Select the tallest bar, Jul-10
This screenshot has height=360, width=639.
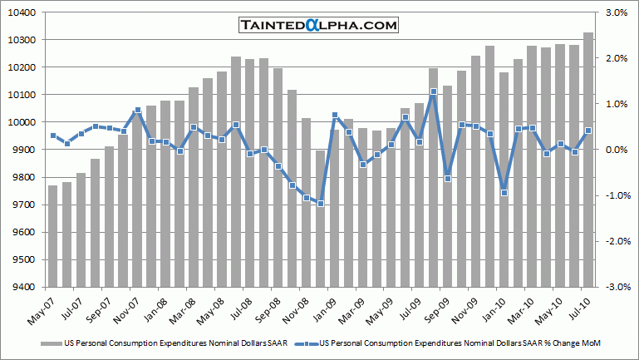587,158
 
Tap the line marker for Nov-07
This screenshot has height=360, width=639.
137,111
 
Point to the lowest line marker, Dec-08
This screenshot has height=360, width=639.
321,204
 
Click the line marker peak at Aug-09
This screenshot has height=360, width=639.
433,92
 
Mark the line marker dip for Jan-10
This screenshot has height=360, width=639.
504,193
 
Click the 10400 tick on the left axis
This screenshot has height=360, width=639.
22,12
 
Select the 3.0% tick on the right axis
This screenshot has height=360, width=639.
616,12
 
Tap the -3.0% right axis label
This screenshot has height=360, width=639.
614,288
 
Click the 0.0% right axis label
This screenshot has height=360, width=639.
616,150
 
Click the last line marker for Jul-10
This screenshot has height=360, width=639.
588,131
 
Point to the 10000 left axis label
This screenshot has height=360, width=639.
22,122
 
